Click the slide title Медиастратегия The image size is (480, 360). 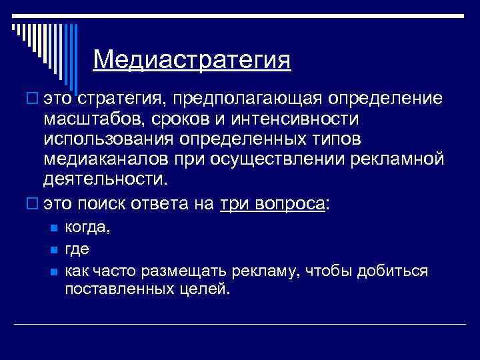tap(192, 61)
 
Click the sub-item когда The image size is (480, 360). tap(87, 229)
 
